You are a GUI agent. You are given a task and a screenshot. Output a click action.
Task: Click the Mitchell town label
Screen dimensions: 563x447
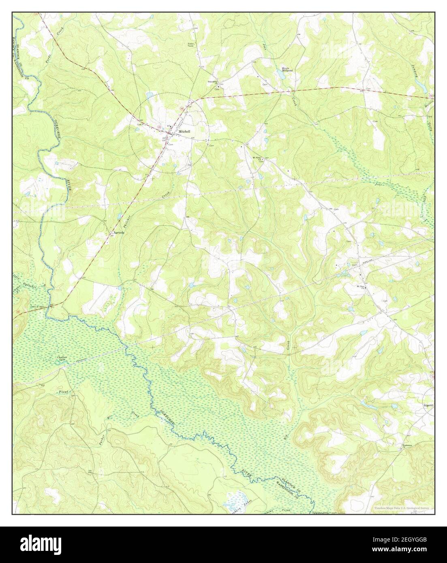[185, 132]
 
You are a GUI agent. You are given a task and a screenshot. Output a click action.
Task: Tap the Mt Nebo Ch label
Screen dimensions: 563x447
[257, 158]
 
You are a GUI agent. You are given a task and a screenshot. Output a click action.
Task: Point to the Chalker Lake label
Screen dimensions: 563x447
[61, 358]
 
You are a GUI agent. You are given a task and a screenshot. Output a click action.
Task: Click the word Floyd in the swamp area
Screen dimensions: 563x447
[64, 392]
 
